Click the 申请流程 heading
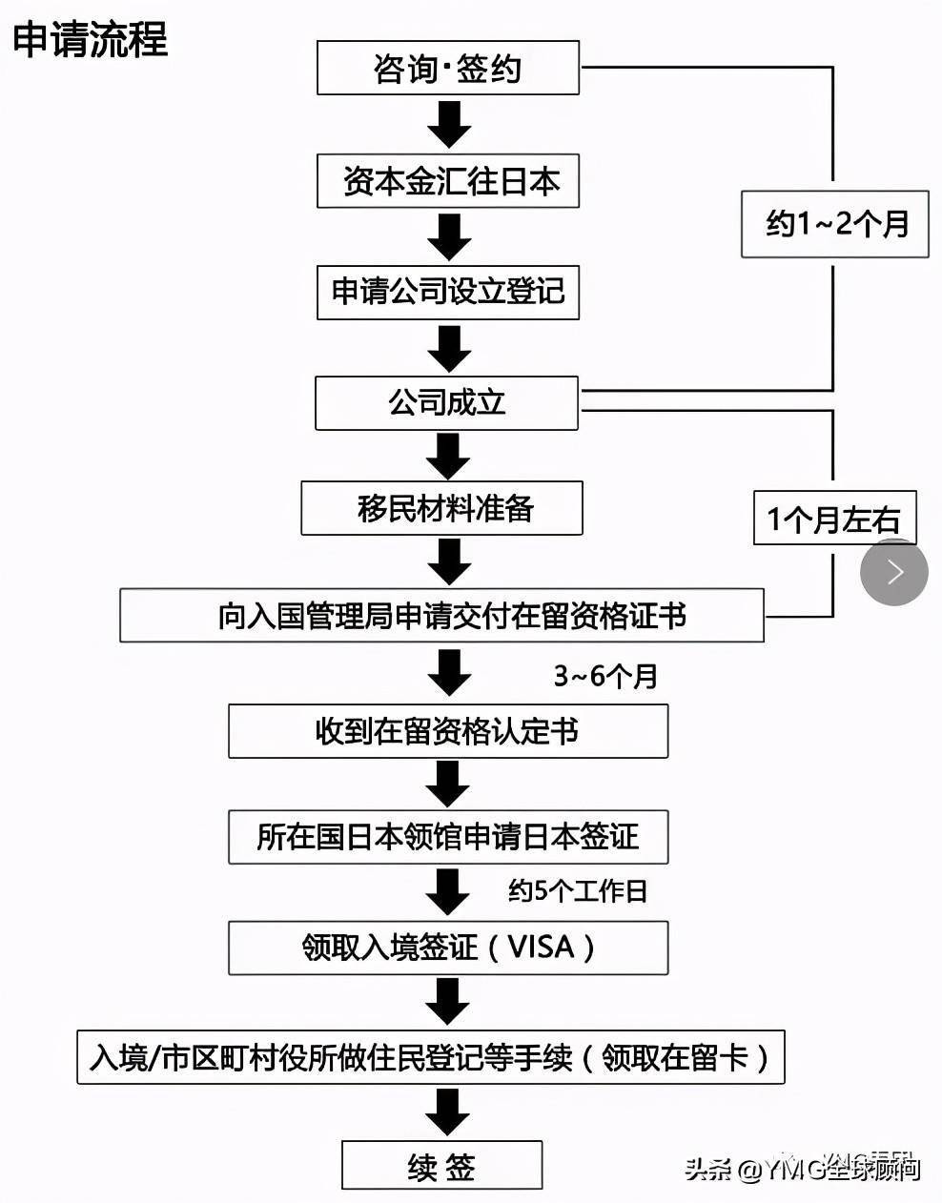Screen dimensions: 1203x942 (x=91, y=39)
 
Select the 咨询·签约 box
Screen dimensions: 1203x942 (x=447, y=68)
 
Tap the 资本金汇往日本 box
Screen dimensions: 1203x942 (x=448, y=181)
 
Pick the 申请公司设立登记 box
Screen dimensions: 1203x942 (x=448, y=292)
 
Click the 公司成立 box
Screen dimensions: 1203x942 (x=446, y=402)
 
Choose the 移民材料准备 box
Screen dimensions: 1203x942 (x=441, y=508)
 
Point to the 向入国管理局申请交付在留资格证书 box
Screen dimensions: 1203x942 (x=441, y=616)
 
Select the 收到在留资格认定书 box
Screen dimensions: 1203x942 (x=447, y=732)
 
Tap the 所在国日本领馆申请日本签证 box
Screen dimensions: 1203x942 (x=447, y=838)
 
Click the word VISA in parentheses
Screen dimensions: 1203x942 (x=541, y=948)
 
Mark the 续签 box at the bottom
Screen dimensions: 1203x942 (x=441, y=1166)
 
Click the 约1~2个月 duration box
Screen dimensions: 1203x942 (x=835, y=224)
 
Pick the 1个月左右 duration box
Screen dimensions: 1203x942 (x=835, y=519)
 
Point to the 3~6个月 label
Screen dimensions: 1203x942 (x=606, y=676)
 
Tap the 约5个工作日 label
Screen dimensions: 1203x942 (x=578, y=891)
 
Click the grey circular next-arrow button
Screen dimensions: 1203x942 (x=894, y=572)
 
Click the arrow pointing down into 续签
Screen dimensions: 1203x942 (x=447, y=1111)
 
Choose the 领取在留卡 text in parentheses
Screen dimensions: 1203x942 (x=675, y=1057)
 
